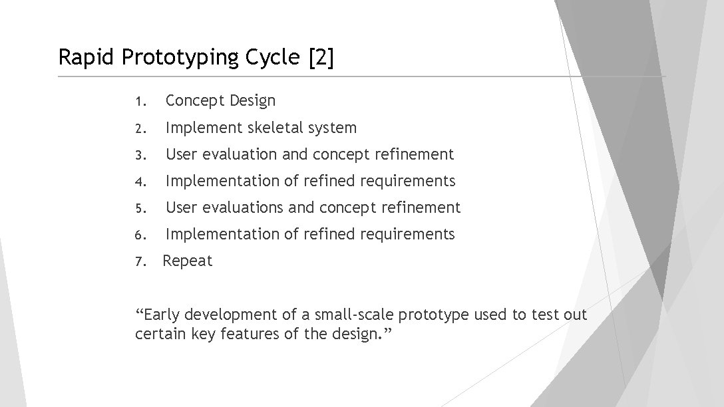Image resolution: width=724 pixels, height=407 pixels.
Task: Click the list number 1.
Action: click(139, 102)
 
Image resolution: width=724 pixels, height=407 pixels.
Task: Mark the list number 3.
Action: click(139, 155)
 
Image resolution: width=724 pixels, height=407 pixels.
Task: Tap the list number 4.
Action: click(139, 182)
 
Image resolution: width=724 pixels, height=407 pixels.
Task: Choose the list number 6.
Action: click(139, 235)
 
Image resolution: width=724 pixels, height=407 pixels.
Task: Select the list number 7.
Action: click(139, 261)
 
